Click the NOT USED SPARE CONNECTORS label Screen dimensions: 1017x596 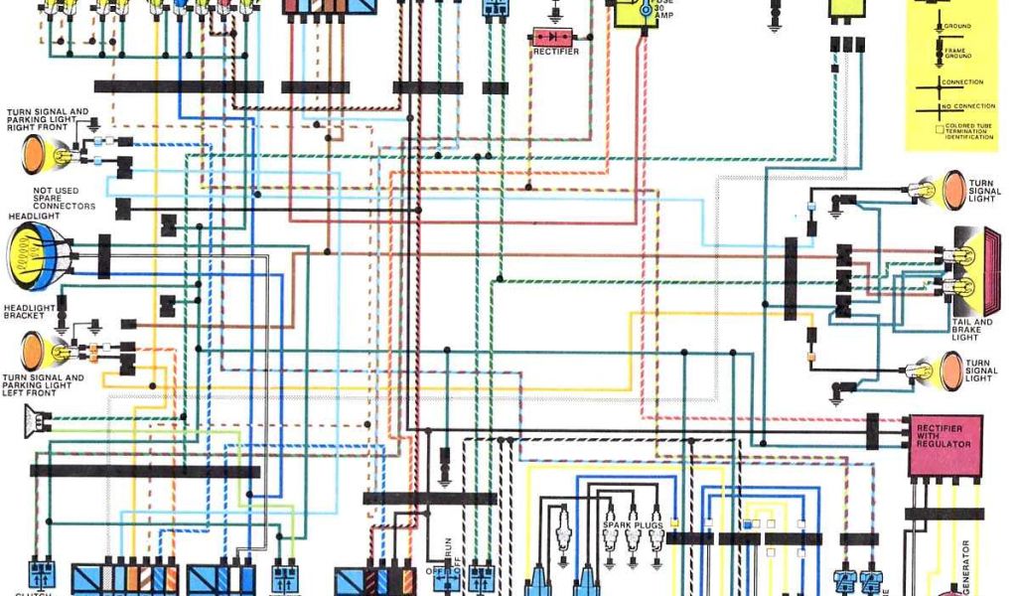click(x=64, y=199)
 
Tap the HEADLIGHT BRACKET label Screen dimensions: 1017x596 click(x=29, y=313)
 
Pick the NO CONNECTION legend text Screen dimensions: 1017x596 click(x=962, y=105)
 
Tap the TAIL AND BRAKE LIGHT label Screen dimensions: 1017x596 click(x=972, y=329)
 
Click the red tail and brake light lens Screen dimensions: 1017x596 click(x=984, y=268)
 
